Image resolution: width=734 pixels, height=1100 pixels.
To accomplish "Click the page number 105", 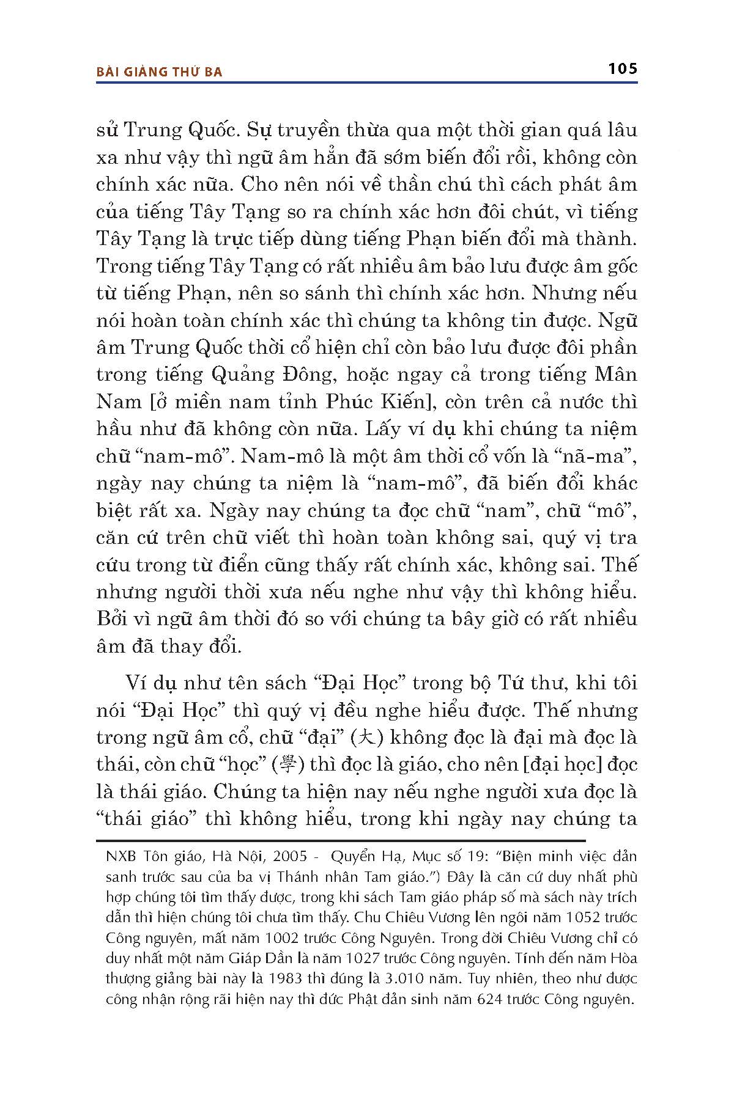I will coord(622,68).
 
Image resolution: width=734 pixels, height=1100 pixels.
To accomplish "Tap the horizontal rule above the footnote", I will coord(341,840).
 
